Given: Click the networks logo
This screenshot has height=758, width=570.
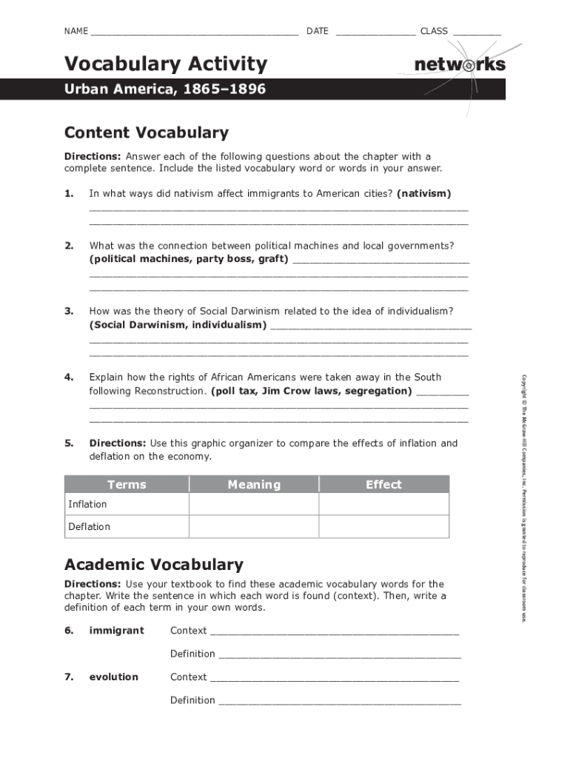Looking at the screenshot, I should point(460,65).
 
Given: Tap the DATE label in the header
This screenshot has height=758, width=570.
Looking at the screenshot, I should point(317,31).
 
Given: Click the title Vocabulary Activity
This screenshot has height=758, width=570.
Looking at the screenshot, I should point(165,64).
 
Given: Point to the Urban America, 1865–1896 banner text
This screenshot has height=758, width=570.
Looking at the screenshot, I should point(164,90).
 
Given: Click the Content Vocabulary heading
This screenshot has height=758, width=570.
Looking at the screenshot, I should point(147,133).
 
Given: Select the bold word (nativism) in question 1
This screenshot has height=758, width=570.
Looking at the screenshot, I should point(423,193).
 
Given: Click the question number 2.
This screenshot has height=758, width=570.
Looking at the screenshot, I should point(69,245).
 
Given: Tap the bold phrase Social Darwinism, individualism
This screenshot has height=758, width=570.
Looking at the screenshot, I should point(178,325).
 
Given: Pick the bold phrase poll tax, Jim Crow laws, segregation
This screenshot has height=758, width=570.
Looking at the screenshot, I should point(312,390).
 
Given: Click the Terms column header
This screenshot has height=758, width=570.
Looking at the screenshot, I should point(127,485).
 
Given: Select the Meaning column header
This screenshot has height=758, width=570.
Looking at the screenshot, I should point(254,485).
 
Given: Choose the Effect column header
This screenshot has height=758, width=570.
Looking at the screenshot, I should point(383,485).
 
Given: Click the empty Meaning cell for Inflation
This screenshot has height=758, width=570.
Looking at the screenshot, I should point(254,504).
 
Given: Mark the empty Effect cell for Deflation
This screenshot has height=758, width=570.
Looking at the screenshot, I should point(383,526).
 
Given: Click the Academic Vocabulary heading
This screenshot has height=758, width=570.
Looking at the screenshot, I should point(154,565).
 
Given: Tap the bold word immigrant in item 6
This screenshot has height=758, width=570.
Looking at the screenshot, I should point(116,631).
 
